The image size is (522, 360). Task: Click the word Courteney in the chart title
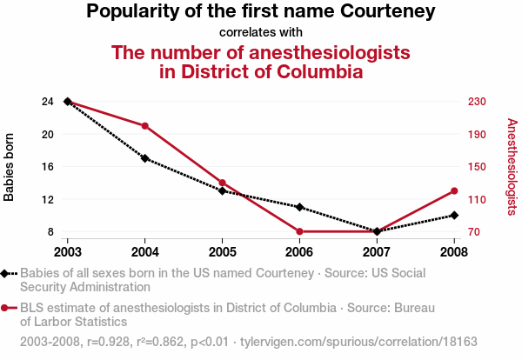(x=385, y=12)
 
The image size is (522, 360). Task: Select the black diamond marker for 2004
(x=145, y=158)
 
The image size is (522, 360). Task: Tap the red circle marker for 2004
(x=145, y=126)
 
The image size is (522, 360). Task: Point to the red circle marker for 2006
(x=299, y=231)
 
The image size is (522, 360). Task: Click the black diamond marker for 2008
(x=454, y=215)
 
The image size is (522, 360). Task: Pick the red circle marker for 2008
(x=454, y=190)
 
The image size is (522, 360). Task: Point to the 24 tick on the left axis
(x=47, y=102)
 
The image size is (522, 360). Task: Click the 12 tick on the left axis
(x=47, y=199)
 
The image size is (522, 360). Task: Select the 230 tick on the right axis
(x=475, y=102)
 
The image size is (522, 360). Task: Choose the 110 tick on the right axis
(x=475, y=199)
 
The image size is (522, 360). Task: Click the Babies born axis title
(x=10, y=167)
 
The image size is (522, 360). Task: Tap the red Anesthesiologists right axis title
(x=512, y=167)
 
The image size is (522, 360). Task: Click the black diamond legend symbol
(x=7, y=273)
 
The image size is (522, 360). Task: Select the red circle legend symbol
(x=7, y=308)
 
